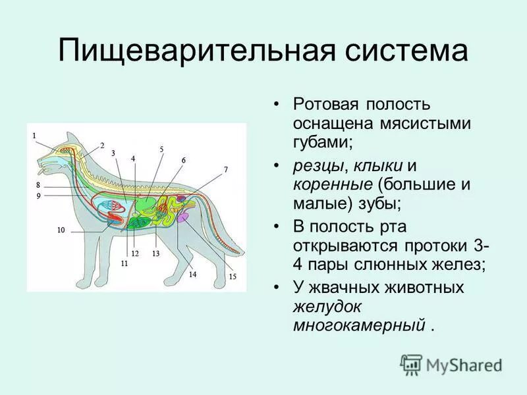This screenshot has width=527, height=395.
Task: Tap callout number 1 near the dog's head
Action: click(x=34, y=135)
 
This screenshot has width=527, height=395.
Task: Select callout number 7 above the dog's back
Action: click(x=226, y=169)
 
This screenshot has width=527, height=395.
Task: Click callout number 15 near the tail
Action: click(x=233, y=276)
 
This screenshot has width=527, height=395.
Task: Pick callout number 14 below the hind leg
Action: click(x=192, y=275)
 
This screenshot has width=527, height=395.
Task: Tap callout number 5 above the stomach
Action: click(x=161, y=149)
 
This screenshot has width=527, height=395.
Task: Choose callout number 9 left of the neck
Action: click(x=38, y=196)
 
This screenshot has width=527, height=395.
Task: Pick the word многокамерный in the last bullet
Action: click(x=359, y=325)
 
